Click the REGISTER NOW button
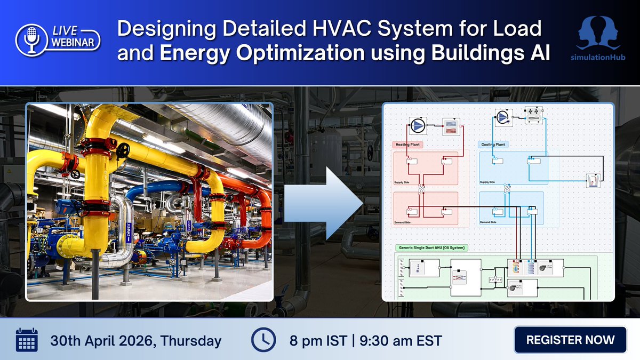pos(570,340)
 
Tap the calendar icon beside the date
pos(26,340)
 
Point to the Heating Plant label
pos(408,144)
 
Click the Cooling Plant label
pos(493,144)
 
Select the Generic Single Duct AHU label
pos(431,247)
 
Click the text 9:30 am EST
pos(406,340)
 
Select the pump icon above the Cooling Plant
pos(502,117)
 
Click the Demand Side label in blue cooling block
pos(489,222)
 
